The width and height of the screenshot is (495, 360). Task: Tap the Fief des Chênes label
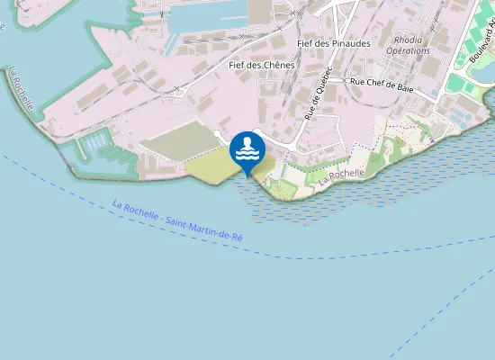point(262,65)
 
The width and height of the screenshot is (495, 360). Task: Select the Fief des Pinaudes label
point(334,43)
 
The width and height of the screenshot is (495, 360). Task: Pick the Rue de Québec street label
point(318,94)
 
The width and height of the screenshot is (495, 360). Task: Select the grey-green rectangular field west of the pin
point(180,144)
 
